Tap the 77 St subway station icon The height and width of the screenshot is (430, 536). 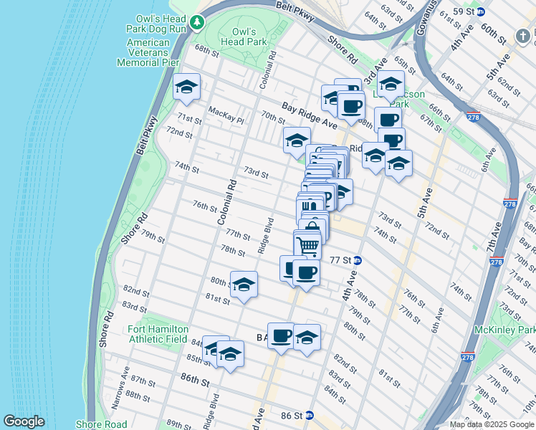click(357, 261)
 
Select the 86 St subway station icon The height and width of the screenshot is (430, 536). click(309, 415)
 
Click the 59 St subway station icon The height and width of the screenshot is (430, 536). click(482, 11)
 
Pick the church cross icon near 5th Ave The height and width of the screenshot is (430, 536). click(525, 36)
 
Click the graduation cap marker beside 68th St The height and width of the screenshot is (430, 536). click(187, 87)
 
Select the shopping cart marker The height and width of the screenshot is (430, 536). click(307, 245)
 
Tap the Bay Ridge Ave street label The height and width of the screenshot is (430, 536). click(309, 115)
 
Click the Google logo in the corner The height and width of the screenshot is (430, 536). click(24, 421)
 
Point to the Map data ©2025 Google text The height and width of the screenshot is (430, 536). click(491, 424)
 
